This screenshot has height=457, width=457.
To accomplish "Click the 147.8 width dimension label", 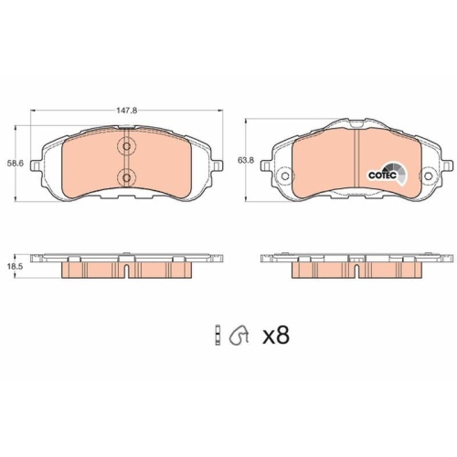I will coord(127,107).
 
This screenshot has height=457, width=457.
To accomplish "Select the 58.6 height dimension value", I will coord(14,163).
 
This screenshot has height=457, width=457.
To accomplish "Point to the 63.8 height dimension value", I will coord(245,161).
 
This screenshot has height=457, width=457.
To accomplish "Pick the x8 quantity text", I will coord(275,336).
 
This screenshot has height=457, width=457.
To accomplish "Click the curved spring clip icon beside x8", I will coord(241,336).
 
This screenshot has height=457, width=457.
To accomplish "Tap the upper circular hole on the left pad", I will coord(127,146).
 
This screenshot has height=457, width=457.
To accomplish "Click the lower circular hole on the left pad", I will coord(127,177).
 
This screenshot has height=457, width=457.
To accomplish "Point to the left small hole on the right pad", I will coord(286,177).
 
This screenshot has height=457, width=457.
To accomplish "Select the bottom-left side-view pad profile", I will coord(127,266).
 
